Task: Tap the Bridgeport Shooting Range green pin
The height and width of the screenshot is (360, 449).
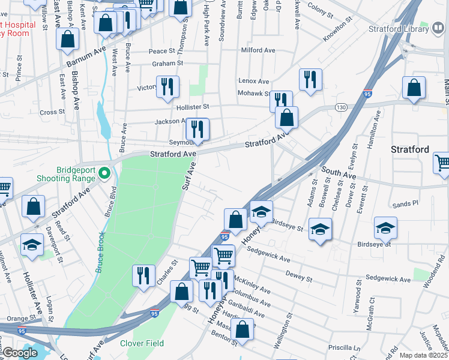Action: [x=104, y=173]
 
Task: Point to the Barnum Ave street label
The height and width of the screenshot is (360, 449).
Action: [x=85, y=56]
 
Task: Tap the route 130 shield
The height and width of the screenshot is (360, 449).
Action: [x=341, y=107]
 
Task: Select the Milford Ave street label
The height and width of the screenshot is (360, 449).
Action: [x=256, y=50]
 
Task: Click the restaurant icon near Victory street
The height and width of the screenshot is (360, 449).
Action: [x=167, y=86]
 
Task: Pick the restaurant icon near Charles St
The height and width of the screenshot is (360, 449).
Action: [x=143, y=275]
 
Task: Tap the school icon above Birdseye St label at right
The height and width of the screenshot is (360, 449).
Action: [x=385, y=227]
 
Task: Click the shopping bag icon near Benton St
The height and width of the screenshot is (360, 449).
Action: [x=243, y=329]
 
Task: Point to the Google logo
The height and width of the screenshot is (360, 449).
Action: [x=20, y=353]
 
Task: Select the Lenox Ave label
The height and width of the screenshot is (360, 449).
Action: [x=254, y=81]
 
